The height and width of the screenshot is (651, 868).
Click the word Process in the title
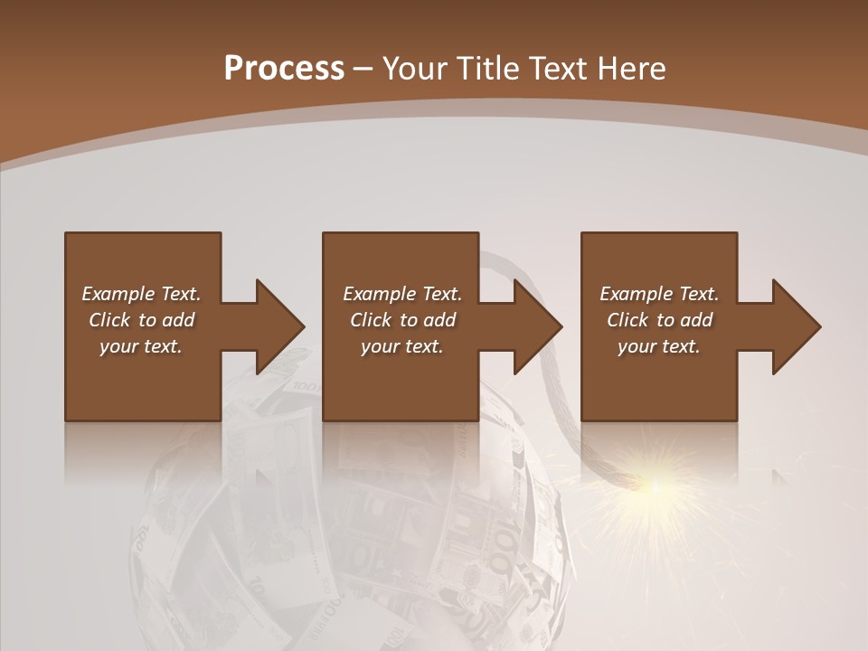point(284,69)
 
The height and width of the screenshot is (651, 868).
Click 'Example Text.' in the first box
point(141,294)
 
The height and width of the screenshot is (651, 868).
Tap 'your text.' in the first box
point(141,346)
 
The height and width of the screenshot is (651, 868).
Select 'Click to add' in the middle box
point(402,320)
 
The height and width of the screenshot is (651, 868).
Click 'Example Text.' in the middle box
point(402,294)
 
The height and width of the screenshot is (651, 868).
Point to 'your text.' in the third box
point(659,346)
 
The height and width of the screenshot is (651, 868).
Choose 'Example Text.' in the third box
point(659,294)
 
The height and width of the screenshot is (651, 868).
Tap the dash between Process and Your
point(363,70)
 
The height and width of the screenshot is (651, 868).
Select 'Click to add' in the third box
point(659,320)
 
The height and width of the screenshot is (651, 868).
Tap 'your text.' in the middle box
point(402,346)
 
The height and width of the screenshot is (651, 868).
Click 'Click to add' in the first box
point(141,320)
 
